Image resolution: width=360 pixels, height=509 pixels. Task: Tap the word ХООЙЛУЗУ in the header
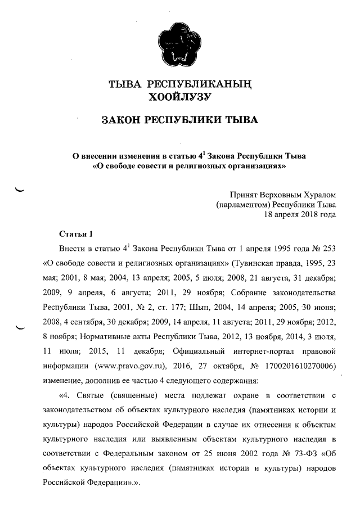coord(178,98)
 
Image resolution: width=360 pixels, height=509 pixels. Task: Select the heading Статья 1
coord(75,233)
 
